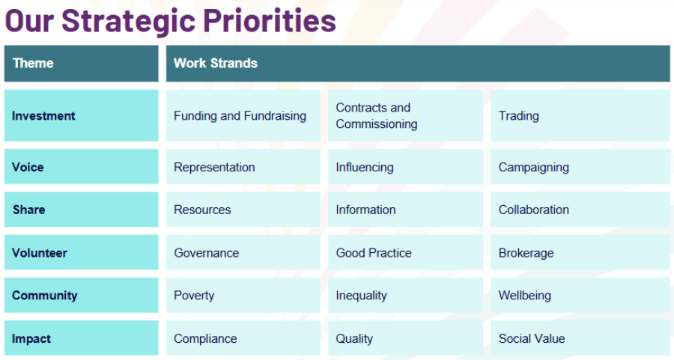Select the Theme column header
coord(33,63)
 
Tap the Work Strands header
coord(216,63)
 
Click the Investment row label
coord(43,116)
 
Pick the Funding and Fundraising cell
coord(240,116)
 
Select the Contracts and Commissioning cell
coord(377,116)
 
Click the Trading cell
coord(519,116)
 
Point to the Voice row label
coord(28,167)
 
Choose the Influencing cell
coord(364,167)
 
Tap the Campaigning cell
coord(533,167)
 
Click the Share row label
coord(28,210)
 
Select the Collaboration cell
coord(533,210)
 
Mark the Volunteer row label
coord(40,253)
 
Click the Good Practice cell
coord(374,253)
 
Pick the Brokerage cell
coord(526,253)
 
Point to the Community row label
coord(44,296)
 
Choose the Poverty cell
coord(194,296)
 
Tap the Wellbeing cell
coord(524,296)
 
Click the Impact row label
coord(30,338)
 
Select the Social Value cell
coord(531,338)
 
